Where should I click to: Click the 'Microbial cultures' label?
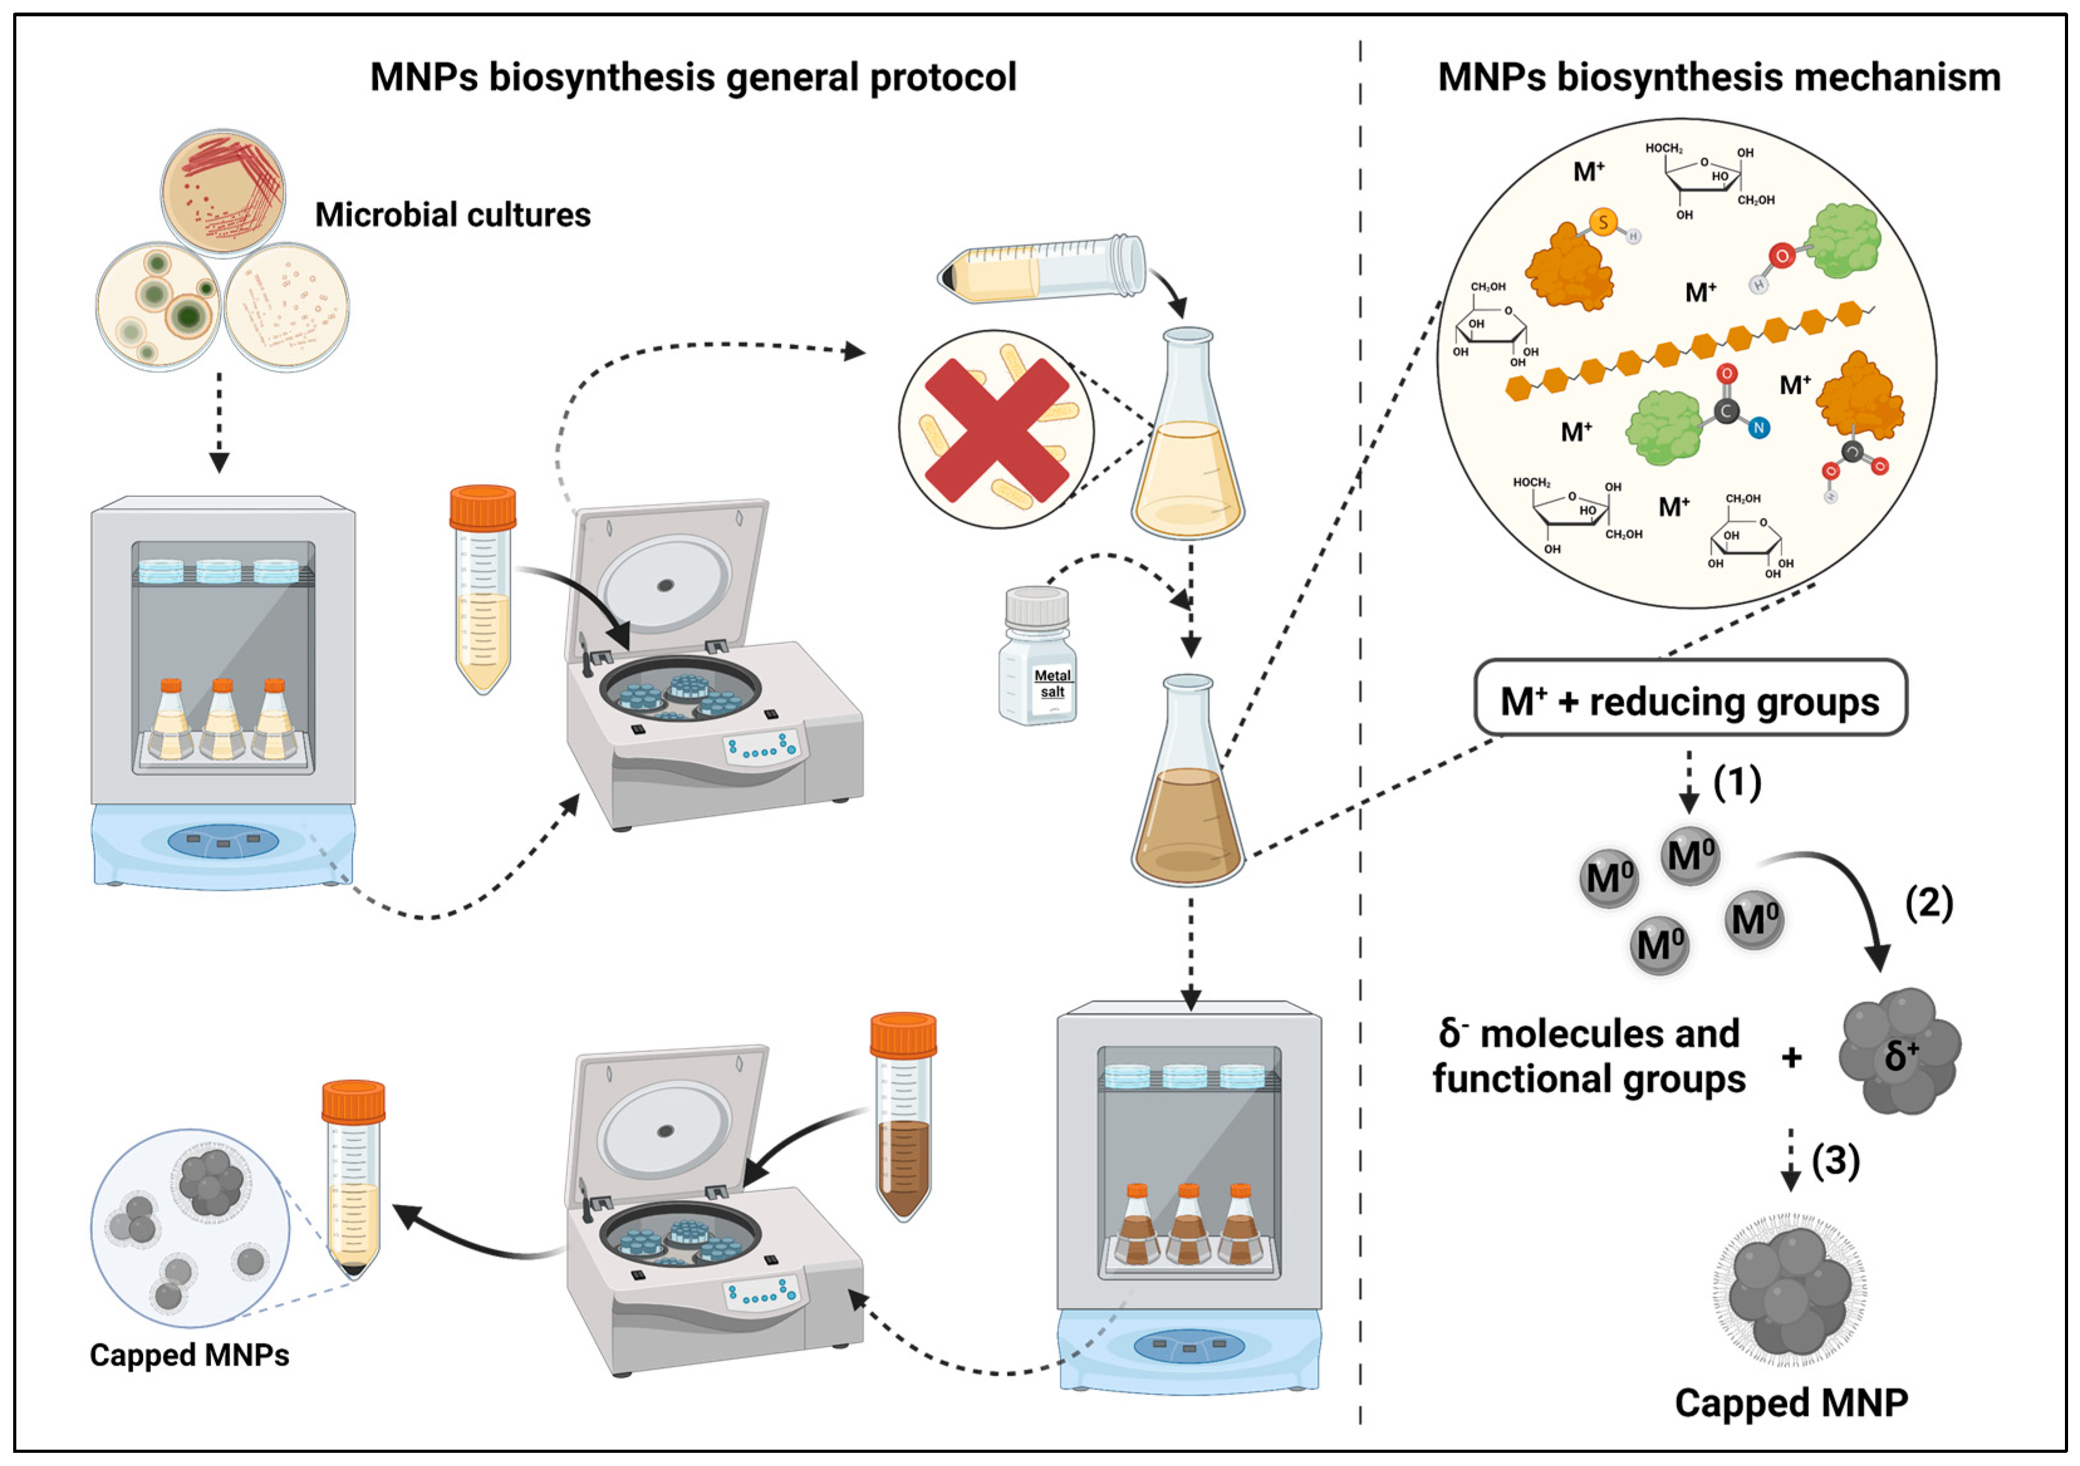point(452,215)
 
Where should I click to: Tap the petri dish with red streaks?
point(223,191)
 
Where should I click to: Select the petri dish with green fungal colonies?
point(158,306)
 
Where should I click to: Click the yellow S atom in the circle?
point(1603,222)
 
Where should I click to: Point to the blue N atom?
point(1759,428)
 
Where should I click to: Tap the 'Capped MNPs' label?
point(190,1356)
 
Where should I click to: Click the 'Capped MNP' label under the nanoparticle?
point(1791,1403)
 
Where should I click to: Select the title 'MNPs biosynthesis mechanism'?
point(1718,78)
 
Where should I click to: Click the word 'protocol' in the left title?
point(942,78)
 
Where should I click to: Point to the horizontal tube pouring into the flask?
point(1042,269)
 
